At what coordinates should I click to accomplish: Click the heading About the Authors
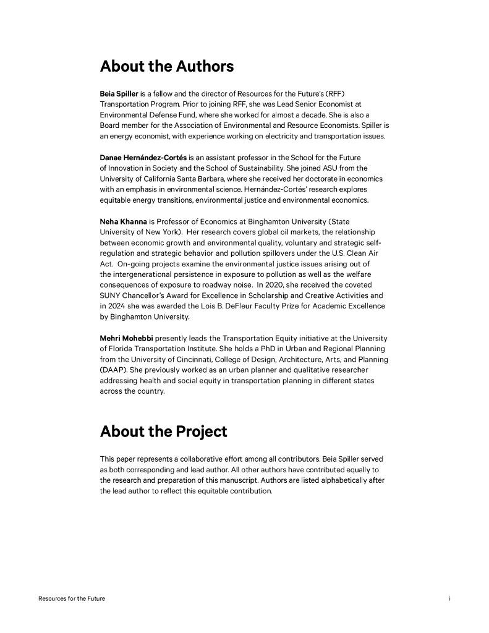point(167,66)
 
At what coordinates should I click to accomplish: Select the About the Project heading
point(163,431)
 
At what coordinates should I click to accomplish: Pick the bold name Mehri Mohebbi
point(127,338)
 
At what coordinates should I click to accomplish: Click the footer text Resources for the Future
point(72,599)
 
